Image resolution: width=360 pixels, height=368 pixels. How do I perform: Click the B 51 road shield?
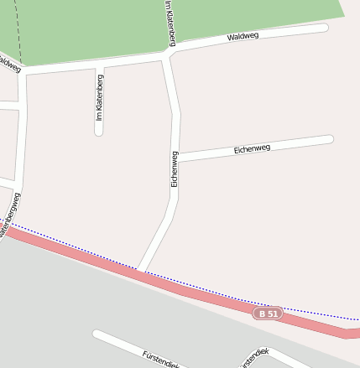268,314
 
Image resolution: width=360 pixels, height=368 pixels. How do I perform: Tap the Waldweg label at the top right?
243,37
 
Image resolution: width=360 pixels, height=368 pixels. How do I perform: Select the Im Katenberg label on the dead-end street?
99,98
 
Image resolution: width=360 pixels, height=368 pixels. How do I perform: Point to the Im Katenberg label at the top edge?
170,22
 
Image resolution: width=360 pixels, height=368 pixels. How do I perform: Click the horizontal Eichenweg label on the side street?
252,149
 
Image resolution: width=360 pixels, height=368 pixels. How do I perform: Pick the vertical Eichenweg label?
175,168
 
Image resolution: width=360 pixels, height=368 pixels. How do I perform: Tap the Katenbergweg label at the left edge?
10,215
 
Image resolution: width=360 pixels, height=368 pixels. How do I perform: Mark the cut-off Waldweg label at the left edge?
9,64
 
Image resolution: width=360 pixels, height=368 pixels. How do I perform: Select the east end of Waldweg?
323,29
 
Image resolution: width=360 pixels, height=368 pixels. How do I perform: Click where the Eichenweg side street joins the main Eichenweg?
176,157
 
